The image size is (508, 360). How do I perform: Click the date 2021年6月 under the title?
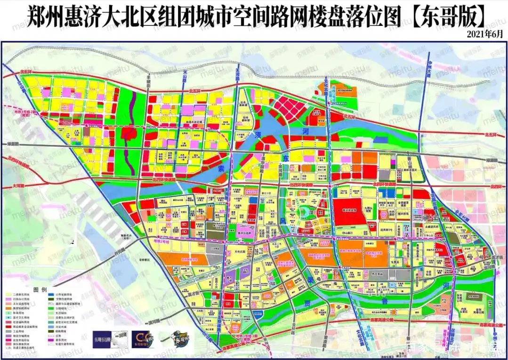tap(485, 34)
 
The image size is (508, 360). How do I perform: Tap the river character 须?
tap(258, 135)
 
